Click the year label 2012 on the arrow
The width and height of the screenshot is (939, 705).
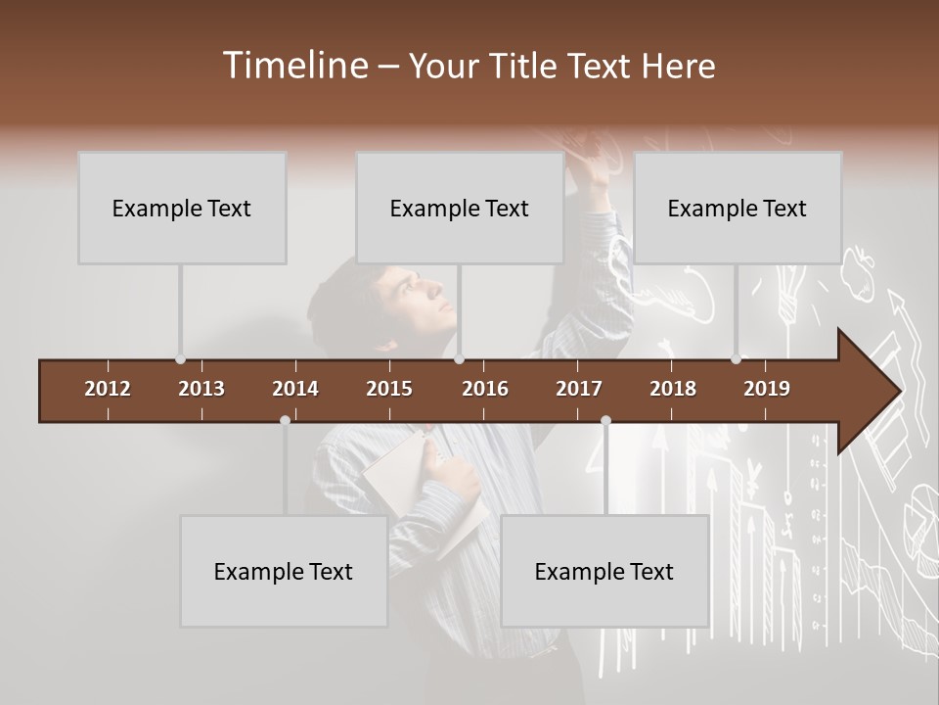108,389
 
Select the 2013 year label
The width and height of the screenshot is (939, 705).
201,389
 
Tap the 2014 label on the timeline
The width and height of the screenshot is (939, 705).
295,389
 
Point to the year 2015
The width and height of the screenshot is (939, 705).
389,389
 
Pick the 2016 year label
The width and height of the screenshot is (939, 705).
485,389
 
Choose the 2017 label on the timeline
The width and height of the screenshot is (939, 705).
579,389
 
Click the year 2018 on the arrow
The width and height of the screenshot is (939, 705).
673,389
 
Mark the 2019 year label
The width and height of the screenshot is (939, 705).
767,389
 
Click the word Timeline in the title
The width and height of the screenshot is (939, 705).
294,66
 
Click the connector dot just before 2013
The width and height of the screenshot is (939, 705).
181,359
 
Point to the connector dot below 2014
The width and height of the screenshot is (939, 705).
285,420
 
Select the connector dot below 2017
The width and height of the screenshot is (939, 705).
605,420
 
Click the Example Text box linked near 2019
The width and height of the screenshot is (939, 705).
738,208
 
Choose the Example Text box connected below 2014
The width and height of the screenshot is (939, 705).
284,571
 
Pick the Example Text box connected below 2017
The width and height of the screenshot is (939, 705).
604,571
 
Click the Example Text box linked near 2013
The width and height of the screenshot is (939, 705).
182,208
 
